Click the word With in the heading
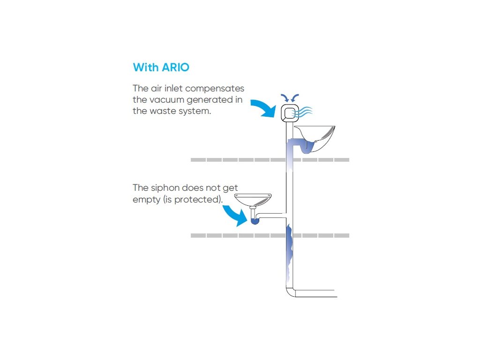point(146,67)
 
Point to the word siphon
point(165,188)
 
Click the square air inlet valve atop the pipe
point(290,113)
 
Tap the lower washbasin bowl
point(253,199)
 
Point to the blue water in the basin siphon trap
point(254,221)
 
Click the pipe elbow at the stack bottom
point(290,291)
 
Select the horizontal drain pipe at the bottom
point(316,293)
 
